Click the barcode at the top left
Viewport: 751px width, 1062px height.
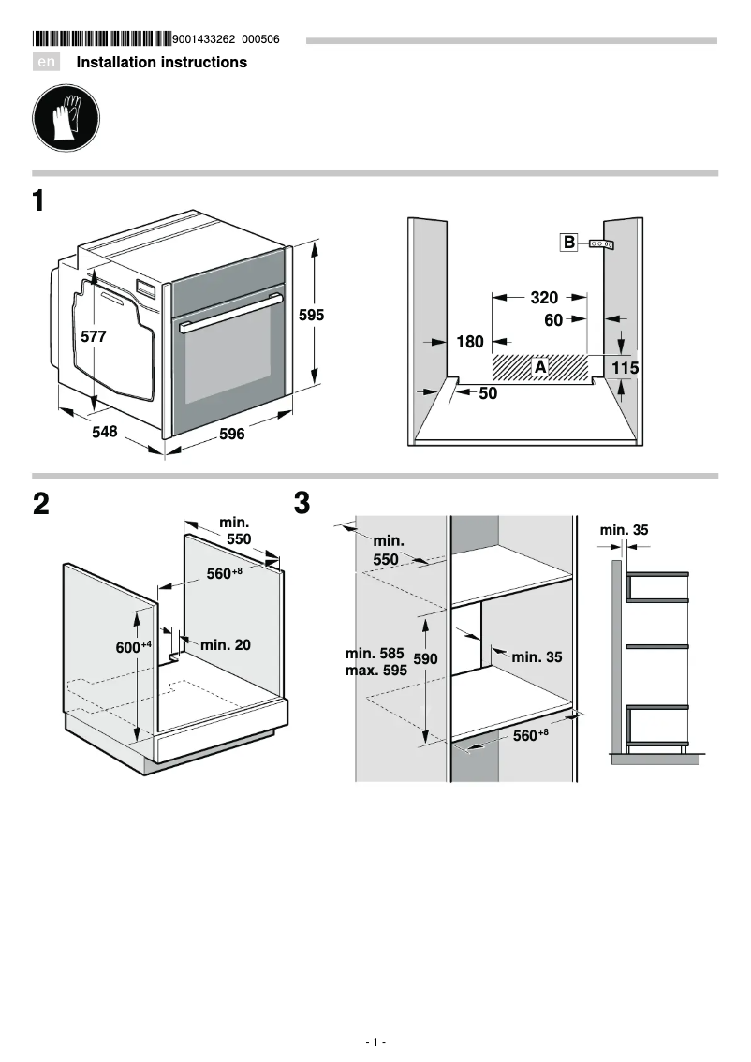[x=101, y=39]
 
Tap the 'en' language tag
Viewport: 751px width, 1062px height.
[x=46, y=63]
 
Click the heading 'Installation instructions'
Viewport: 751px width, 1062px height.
[x=161, y=63]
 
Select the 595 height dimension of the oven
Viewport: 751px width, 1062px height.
[x=311, y=316]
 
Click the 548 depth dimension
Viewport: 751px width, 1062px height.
[x=105, y=432]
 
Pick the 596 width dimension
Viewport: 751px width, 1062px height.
[x=231, y=434]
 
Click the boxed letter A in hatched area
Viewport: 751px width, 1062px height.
[x=540, y=367]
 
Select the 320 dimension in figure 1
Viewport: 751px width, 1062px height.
[x=544, y=298]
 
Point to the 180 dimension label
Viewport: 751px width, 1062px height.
[x=470, y=343]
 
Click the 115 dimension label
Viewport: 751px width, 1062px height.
[x=626, y=369]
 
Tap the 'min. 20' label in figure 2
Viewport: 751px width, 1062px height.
[x=225, y=645]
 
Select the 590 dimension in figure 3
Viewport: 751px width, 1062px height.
[x=426, y=659]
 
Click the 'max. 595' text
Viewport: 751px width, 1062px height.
[x=375, y=671]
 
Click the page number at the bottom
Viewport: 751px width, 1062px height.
[x=375, y=1042]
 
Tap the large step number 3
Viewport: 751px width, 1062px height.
[x=302, y=504]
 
